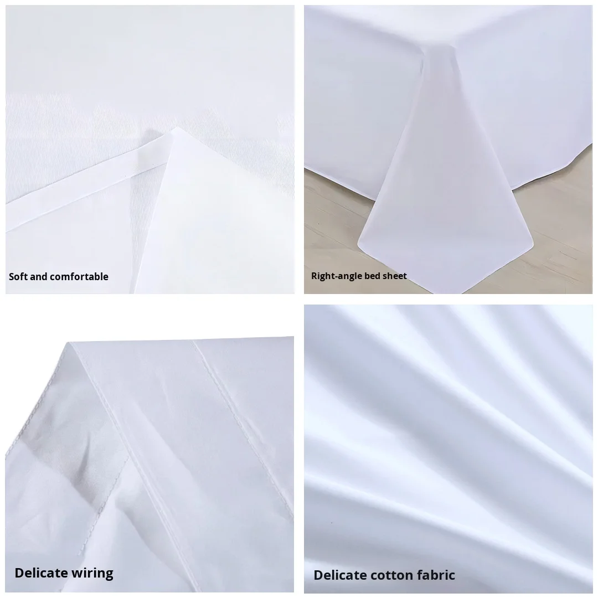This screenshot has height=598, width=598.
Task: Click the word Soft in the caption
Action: (x=18, y=276)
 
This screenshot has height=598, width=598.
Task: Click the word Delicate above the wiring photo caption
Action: (x=41, y=573)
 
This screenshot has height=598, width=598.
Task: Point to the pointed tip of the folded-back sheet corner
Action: (x=176, y=128)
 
